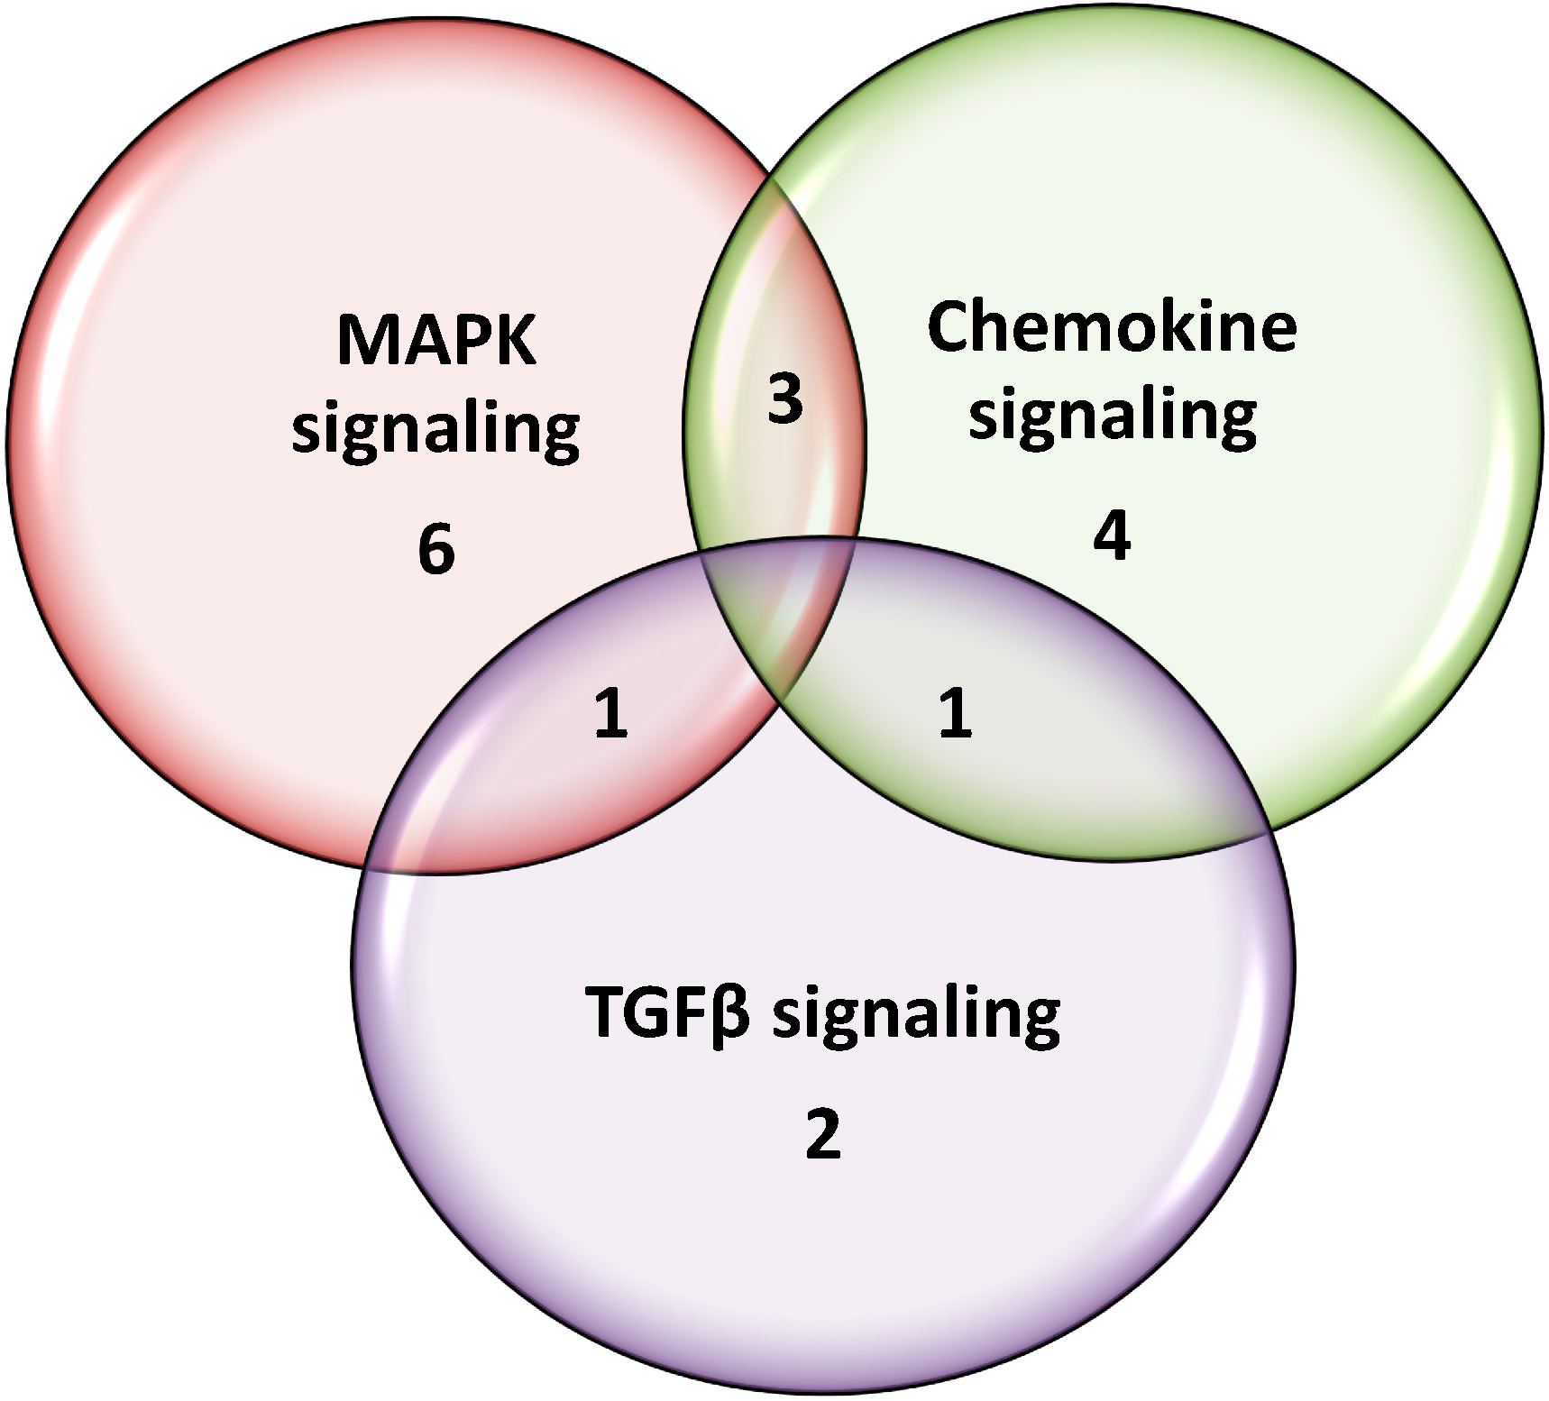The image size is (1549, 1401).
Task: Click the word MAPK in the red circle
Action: (436, 341)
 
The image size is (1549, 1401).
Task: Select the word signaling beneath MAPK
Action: (435, 431)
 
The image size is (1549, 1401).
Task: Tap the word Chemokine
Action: (1112, 326)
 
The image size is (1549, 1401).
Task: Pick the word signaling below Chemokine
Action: (1113, 417)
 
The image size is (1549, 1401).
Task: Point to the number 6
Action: (436, 550)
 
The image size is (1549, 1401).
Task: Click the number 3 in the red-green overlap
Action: (784, 399)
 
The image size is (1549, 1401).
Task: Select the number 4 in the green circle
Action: (1112, 538)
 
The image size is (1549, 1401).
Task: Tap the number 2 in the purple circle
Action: (822, 1135)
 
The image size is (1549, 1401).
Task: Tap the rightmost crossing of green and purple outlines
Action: (1269, 831)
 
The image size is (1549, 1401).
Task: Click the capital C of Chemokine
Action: (952, 326)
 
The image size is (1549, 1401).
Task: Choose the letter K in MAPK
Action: (513, 341)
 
